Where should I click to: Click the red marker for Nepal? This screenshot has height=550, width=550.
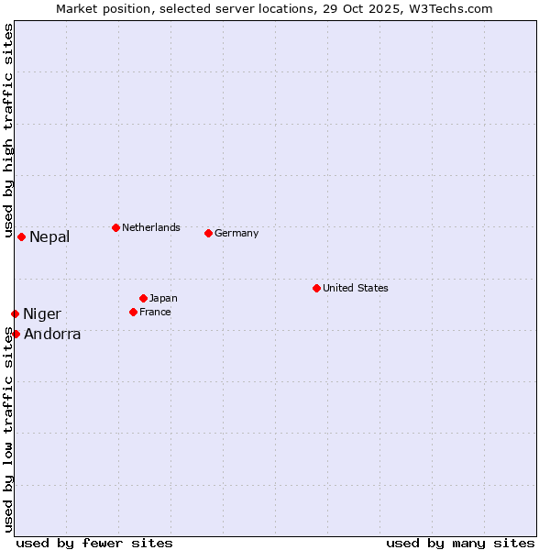21,236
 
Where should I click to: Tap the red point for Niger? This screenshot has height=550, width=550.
15,313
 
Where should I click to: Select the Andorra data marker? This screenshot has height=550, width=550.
16,334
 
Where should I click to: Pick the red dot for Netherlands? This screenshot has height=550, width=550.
115,227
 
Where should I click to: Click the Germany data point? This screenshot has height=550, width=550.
208,233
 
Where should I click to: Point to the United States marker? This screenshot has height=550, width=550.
316,288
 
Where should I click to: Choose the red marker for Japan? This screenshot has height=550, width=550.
143,298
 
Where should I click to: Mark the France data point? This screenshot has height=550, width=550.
133,312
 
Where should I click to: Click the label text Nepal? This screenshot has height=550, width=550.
49,237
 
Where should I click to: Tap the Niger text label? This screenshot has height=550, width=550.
42,314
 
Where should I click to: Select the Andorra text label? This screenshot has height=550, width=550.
52,335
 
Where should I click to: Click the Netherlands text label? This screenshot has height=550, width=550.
151,227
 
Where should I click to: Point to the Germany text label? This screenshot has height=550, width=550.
236,233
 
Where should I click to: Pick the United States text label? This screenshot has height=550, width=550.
356,288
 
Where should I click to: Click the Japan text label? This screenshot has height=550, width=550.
163,298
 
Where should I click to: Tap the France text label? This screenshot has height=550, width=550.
155,312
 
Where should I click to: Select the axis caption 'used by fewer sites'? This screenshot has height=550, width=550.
94,543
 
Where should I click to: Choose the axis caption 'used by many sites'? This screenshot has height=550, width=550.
460,543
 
